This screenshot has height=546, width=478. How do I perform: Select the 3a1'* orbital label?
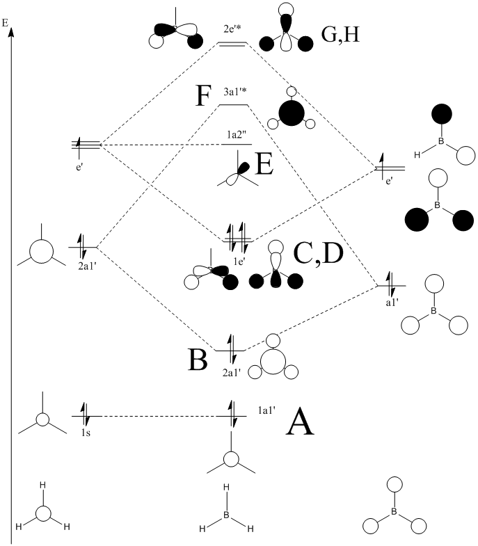coord(234,92)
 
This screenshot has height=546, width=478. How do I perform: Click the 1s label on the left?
coord(85,431)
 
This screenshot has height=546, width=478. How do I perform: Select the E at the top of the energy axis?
coord(6,22)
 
